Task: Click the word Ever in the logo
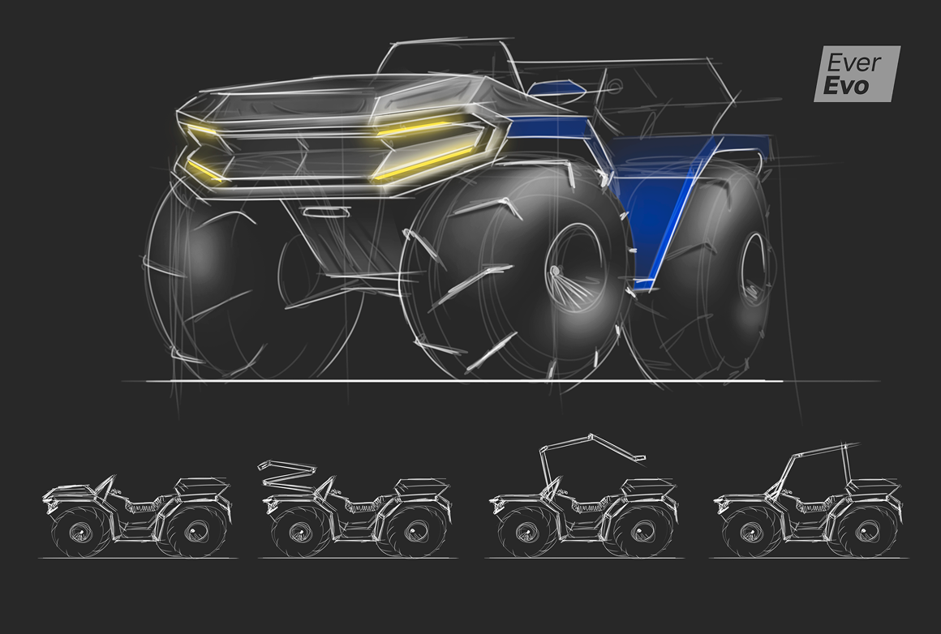853,62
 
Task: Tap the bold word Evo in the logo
847,86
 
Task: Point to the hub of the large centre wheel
574,268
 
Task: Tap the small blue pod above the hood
556,88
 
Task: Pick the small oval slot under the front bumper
326,212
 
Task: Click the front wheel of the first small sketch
80,531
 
